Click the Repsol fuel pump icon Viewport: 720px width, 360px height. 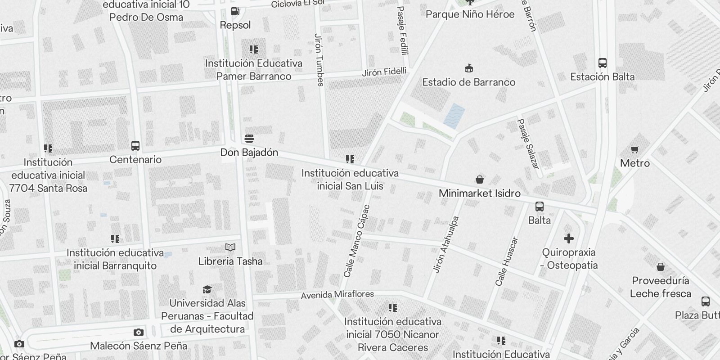pyautogui.click(x=235, y=11)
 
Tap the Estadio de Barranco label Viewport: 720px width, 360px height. pyautogui.click(x=468, y=82)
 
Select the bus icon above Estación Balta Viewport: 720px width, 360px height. pyautogui.click(x=602, y=63)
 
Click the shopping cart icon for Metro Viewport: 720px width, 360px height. pyautogui.click(x=634, y=149)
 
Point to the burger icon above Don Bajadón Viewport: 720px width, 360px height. pyautogui.click(x=249, y=138)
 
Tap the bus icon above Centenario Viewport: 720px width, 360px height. pyautogui.click(x=135, y=146)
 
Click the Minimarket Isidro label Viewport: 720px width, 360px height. pyautogui.click(x=479, y=193)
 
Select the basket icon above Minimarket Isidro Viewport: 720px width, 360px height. pyautogui.click(x=480, y=180)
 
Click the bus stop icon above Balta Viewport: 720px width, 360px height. pyautogui.click(x=539, y=207)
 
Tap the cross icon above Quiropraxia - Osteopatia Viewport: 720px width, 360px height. pyautogui.click(x=568, y=238)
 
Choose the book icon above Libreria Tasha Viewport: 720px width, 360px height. pyautogui.click(x=230, y=247)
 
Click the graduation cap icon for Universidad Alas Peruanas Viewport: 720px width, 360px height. pyautogui.click(x=207, y=289)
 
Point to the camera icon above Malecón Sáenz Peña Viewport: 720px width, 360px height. pyautogui.click(x=138, y=332)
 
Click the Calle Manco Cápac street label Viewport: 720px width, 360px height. pyautogui.click(x=356, y=241)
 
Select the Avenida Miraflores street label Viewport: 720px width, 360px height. pyautogui.click(x=337, y=295)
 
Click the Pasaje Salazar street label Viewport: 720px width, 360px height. pyautogui.click(x=527, y=144)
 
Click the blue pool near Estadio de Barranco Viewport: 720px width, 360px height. pyautogui.click(x=454, y=115)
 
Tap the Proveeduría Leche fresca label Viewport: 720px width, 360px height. pyautogui.click(x=660, y=287)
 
